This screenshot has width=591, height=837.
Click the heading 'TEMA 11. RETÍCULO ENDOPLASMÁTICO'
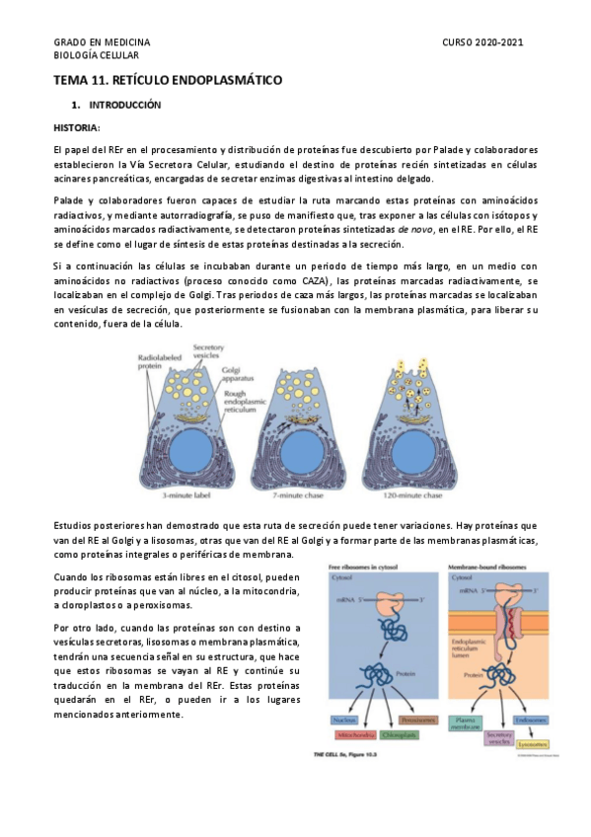[x=168, y=80]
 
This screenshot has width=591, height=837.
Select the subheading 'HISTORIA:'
[x=77, y=127]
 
